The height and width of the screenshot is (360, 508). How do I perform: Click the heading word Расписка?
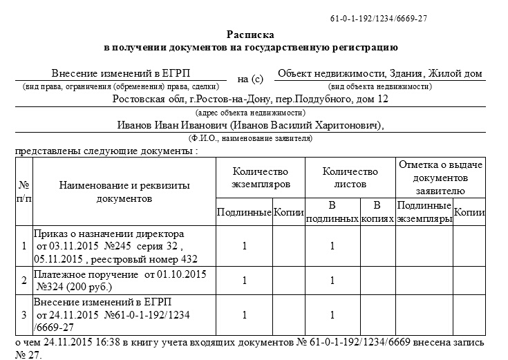250,34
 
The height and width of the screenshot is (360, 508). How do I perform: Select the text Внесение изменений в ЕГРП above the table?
121,73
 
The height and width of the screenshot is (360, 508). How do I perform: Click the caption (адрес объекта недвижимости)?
250,112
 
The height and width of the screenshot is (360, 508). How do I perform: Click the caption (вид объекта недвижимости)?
380,86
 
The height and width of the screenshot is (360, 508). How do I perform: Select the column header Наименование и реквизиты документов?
124,191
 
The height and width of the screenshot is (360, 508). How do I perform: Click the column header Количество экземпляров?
260,178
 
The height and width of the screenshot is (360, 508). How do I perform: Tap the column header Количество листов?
350,178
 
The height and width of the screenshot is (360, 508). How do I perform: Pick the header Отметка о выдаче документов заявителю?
440,177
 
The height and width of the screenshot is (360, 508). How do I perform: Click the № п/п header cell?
24,191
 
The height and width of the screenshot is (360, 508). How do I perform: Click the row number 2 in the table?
24,281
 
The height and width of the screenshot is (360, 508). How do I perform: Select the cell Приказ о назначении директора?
109,234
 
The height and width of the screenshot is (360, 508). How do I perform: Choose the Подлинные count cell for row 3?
244,314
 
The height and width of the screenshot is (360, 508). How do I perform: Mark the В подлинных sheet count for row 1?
332,245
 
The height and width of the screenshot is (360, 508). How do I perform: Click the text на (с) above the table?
250,79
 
